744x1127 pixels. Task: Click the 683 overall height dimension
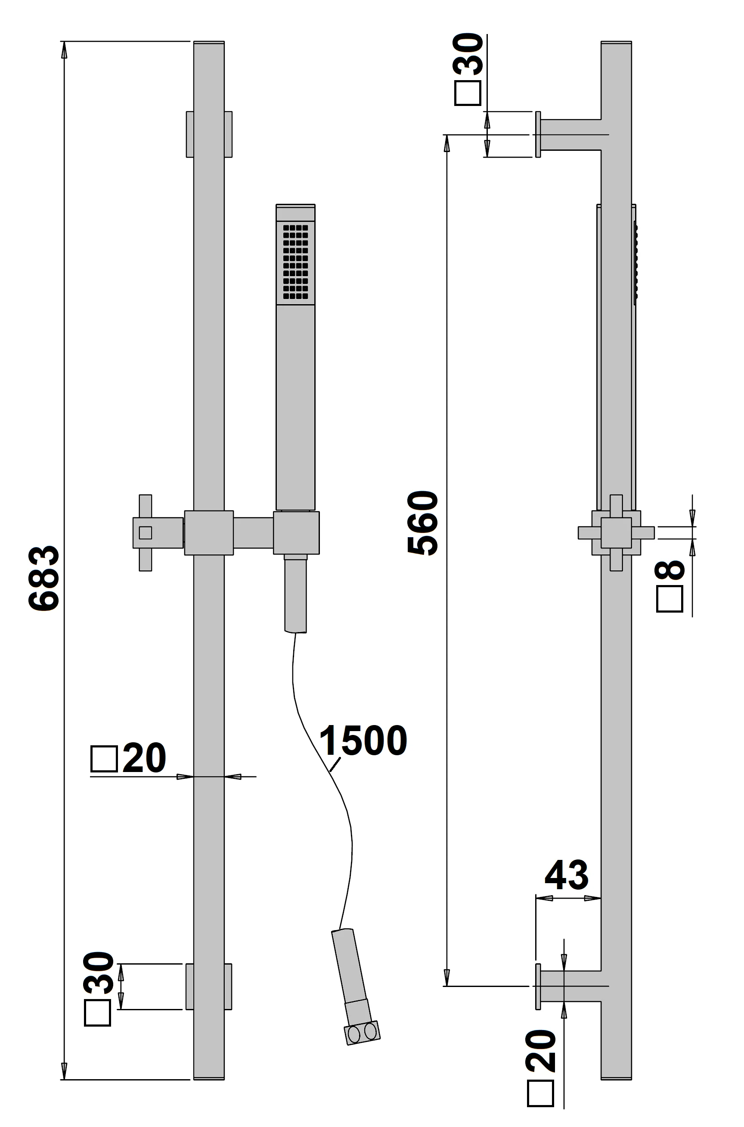[x=43, y=578]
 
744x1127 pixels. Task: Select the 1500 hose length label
[x=363, y=741]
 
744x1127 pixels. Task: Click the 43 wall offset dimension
[x=566, y=875]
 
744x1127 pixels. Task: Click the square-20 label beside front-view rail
[x=128, y=758]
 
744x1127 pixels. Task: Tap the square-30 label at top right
[x=468, y=69]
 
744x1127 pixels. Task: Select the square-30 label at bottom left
[x=98, y=988]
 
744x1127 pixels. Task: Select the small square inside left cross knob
[x=146, y=532]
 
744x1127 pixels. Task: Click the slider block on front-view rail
[x=209, y=532]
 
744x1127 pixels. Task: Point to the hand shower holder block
[x=296, y=532]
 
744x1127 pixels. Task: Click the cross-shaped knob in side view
[x=616, y=532]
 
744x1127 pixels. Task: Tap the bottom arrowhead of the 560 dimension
[x=446, y=978]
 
